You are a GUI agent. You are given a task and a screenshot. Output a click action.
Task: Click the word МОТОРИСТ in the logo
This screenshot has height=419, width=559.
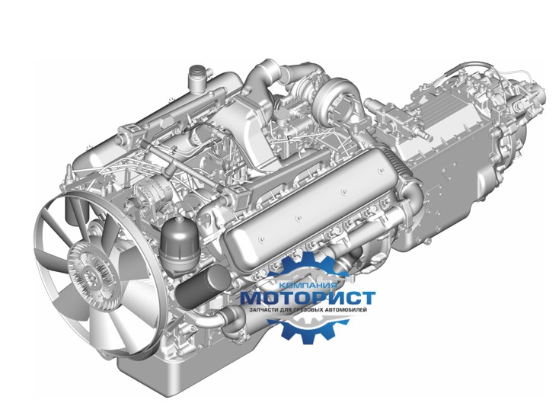click(x=308, y=298)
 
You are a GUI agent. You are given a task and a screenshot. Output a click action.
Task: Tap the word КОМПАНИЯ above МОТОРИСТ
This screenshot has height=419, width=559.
click(x=308, y=286)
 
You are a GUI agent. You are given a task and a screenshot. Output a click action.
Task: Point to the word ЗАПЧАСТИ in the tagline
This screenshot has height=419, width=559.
click(x=264, y=310)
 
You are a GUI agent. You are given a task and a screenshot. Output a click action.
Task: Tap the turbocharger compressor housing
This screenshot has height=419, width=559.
click(x=336, y=98)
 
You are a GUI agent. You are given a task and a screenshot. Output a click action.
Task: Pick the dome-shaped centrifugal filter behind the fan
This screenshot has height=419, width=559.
click(x=179, y=242)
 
